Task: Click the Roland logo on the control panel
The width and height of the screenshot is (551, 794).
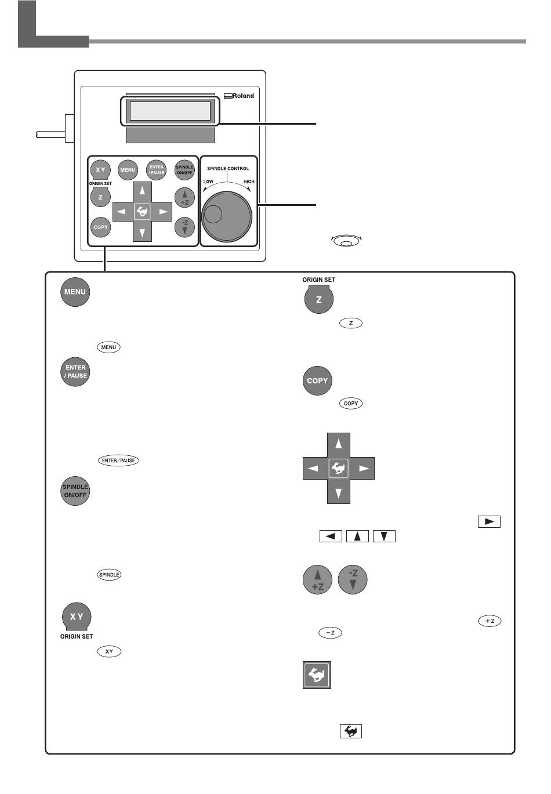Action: (x=239, y=96)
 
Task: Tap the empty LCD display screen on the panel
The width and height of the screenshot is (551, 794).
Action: (x=170, y=111)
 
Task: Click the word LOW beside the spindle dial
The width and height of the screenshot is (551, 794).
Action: (x=208, y=182)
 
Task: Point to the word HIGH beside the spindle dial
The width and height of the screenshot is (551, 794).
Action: (x=248, y=182)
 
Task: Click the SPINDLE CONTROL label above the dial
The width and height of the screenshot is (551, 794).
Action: (x=228, y=169)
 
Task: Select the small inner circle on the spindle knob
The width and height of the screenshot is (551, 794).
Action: (x=213, y=214)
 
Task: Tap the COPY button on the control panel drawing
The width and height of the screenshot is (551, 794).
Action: (x=100, y=227)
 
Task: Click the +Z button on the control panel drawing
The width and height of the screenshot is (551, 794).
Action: (x=184, y=198)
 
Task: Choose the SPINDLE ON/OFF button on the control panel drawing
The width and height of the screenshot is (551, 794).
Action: (x=184, y=170)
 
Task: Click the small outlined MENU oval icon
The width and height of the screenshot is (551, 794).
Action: (x=108, y=347)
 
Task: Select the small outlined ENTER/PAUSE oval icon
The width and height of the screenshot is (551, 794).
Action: (x=118, y=461)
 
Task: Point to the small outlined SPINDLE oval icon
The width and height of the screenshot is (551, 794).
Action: (x=109, y=575)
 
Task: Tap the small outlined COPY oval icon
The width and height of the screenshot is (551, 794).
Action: (x=351, y=403)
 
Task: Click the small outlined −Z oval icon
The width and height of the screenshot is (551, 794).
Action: (x=329, y=633)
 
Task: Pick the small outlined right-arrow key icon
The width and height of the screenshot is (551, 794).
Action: (x=488, y=521)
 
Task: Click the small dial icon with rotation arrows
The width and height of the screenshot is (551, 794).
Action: (x=346, y=241)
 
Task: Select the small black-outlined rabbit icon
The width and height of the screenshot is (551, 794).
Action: (x=350, y=732)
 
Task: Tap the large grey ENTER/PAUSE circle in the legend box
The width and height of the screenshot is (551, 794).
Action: (x=75, y=372)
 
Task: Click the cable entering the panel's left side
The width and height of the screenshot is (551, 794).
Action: (x=49, y=135)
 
